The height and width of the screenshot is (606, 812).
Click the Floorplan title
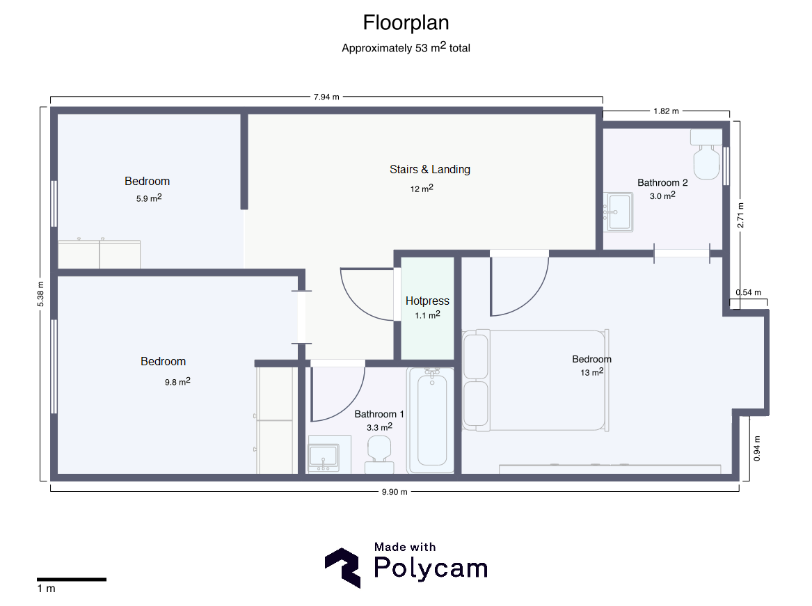pyautogui.click(x=406, y=23)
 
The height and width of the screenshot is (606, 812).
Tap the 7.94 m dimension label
pyautogui.click(x=326, y=97)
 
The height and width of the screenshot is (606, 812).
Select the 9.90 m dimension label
pyautogui.click(x=395, y=491)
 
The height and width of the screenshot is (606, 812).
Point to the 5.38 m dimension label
pyautogui.click(x=40, y=294)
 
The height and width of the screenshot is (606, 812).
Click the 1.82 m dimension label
pyautogui.click(x=666, y=111)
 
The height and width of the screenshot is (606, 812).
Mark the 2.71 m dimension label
pyautogui.click(x=740, y=216)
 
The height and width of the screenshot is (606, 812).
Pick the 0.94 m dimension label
pyautogui.click(x=757, y=449)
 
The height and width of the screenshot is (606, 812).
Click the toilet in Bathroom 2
pyautogui.click(x=706, y=154)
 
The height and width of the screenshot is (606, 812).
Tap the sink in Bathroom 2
pyautogui.click(x=619, y=212)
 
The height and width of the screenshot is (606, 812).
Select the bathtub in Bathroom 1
pyautogui.click(x=431, y=420)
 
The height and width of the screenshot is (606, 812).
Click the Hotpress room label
pyautogui.click(x=427, y=301)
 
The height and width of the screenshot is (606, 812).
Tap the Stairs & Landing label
pyautogui.click(x=430, y=169)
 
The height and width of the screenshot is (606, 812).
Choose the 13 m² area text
pyautogui.click(x=592, y=372)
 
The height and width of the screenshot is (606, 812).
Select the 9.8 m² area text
pyautogui.click(x=177, y=381)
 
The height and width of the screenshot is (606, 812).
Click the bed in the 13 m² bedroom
pyautogui.click(x=536, y=381)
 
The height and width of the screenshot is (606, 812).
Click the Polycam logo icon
pyautogui.click(x=343, y=568)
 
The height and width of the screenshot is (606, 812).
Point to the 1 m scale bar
pyautogui.click(x=72, y=580)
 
